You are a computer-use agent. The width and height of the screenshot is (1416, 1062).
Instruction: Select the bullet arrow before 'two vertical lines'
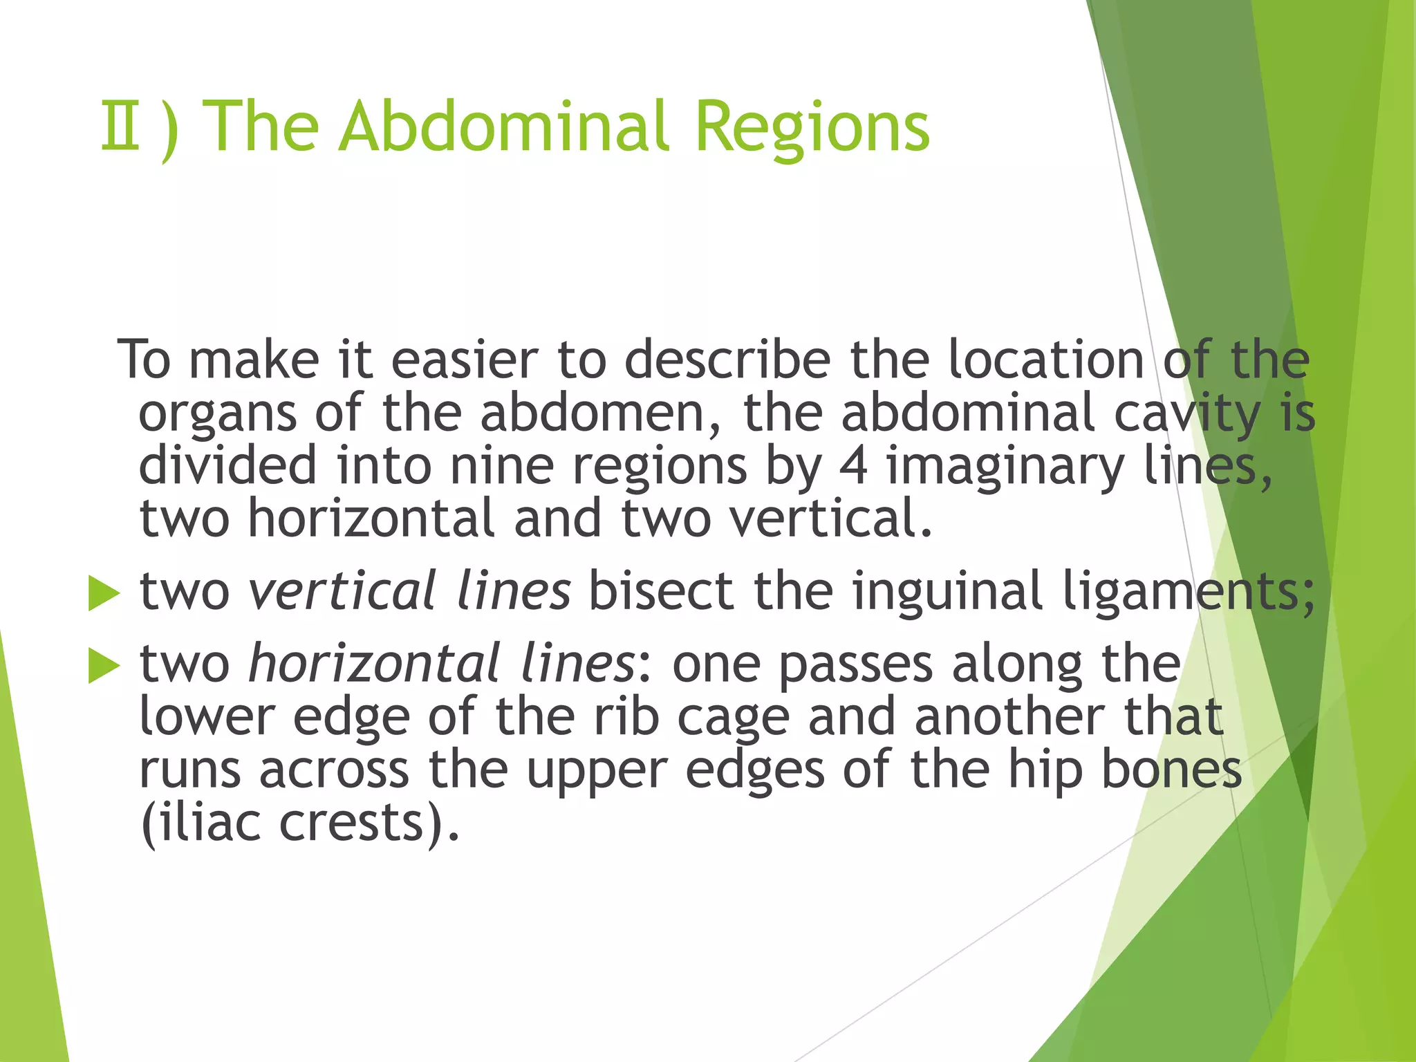pos(104,594)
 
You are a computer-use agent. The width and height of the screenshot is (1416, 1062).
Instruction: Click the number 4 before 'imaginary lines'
pos(853,465)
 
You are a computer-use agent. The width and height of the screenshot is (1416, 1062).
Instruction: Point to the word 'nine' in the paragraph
pos(502,465)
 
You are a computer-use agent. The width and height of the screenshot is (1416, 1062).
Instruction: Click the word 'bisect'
pos(660,591)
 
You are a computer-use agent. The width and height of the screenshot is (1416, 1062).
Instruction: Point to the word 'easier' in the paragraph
pos(464,360)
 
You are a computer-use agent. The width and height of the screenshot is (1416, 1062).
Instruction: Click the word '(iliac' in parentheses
pos(201,823)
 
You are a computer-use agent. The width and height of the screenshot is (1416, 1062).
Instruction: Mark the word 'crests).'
pos(369,823)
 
